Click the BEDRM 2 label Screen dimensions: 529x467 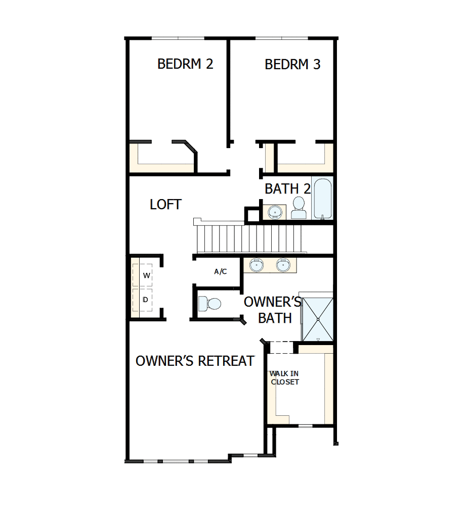(185, 64)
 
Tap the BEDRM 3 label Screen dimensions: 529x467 (292, 65)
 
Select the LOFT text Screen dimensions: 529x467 (165, 205)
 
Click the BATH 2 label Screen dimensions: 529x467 (287, 189)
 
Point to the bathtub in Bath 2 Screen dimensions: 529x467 (322, 198)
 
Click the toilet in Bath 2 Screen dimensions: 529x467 (299, 207)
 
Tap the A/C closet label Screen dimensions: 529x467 (220, 272)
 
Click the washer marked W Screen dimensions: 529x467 (146, 275)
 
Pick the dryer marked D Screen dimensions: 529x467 (146, 300)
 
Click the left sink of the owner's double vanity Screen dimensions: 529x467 (257, 264)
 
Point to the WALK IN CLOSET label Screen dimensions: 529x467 (284, 377)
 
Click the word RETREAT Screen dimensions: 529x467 (226, 361)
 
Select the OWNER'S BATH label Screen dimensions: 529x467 (274, 309)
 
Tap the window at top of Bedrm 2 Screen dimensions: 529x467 (178, 38)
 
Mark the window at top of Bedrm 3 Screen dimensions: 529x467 (282, 38)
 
